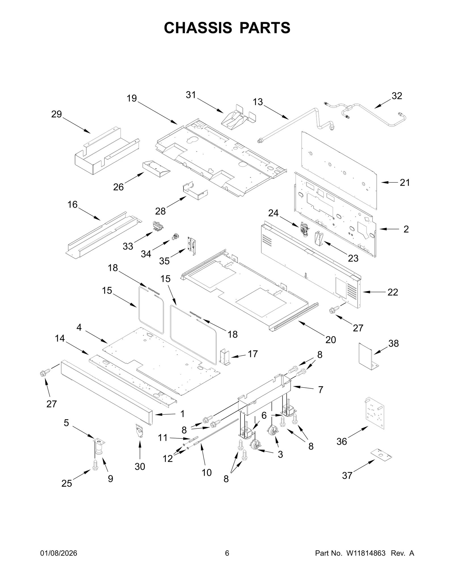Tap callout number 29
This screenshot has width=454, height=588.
[x=56, y=114]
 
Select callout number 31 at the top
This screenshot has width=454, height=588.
[x=191, y=95]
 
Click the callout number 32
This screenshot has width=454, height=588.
[x=397, y=96]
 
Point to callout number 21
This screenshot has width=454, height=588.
[x=405, y=183]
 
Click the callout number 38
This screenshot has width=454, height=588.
[x=394, y=343]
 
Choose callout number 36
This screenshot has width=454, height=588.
[x=342, y=441]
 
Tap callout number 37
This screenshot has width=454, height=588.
[x=347, y=475]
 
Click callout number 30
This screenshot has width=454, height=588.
[x=140, y=466]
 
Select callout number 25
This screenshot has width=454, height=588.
[x=67, y=483]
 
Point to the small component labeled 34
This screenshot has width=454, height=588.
[x=176, y=236]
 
